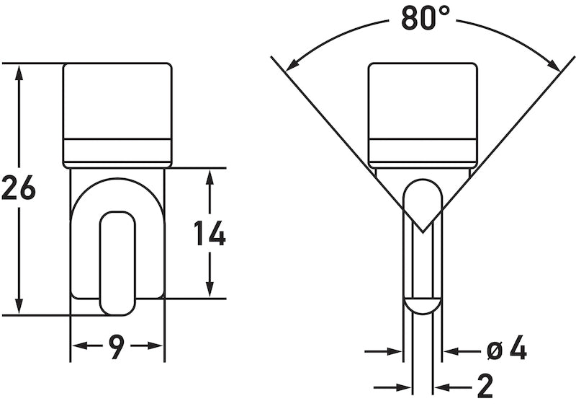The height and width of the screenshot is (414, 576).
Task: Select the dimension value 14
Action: click(x=210, y=234)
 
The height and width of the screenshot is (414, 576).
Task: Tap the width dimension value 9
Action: click(x=117, y=347)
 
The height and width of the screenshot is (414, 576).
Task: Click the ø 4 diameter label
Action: click(x=507, y=351)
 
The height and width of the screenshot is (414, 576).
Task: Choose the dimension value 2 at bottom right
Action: click(x=485, y=388)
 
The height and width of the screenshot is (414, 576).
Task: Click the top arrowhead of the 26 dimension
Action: click(x=20, y=71)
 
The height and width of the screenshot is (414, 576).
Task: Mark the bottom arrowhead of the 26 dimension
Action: click(x=20, y=307)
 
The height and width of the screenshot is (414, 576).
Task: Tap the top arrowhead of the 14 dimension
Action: click(x=210, y=177)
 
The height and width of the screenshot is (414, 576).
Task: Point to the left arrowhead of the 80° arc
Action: click(x=292, y=66)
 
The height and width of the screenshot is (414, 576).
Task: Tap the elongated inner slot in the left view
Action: click(x=117, y=263)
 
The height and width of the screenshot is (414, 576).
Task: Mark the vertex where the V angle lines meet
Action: click(x=422, y=232)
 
